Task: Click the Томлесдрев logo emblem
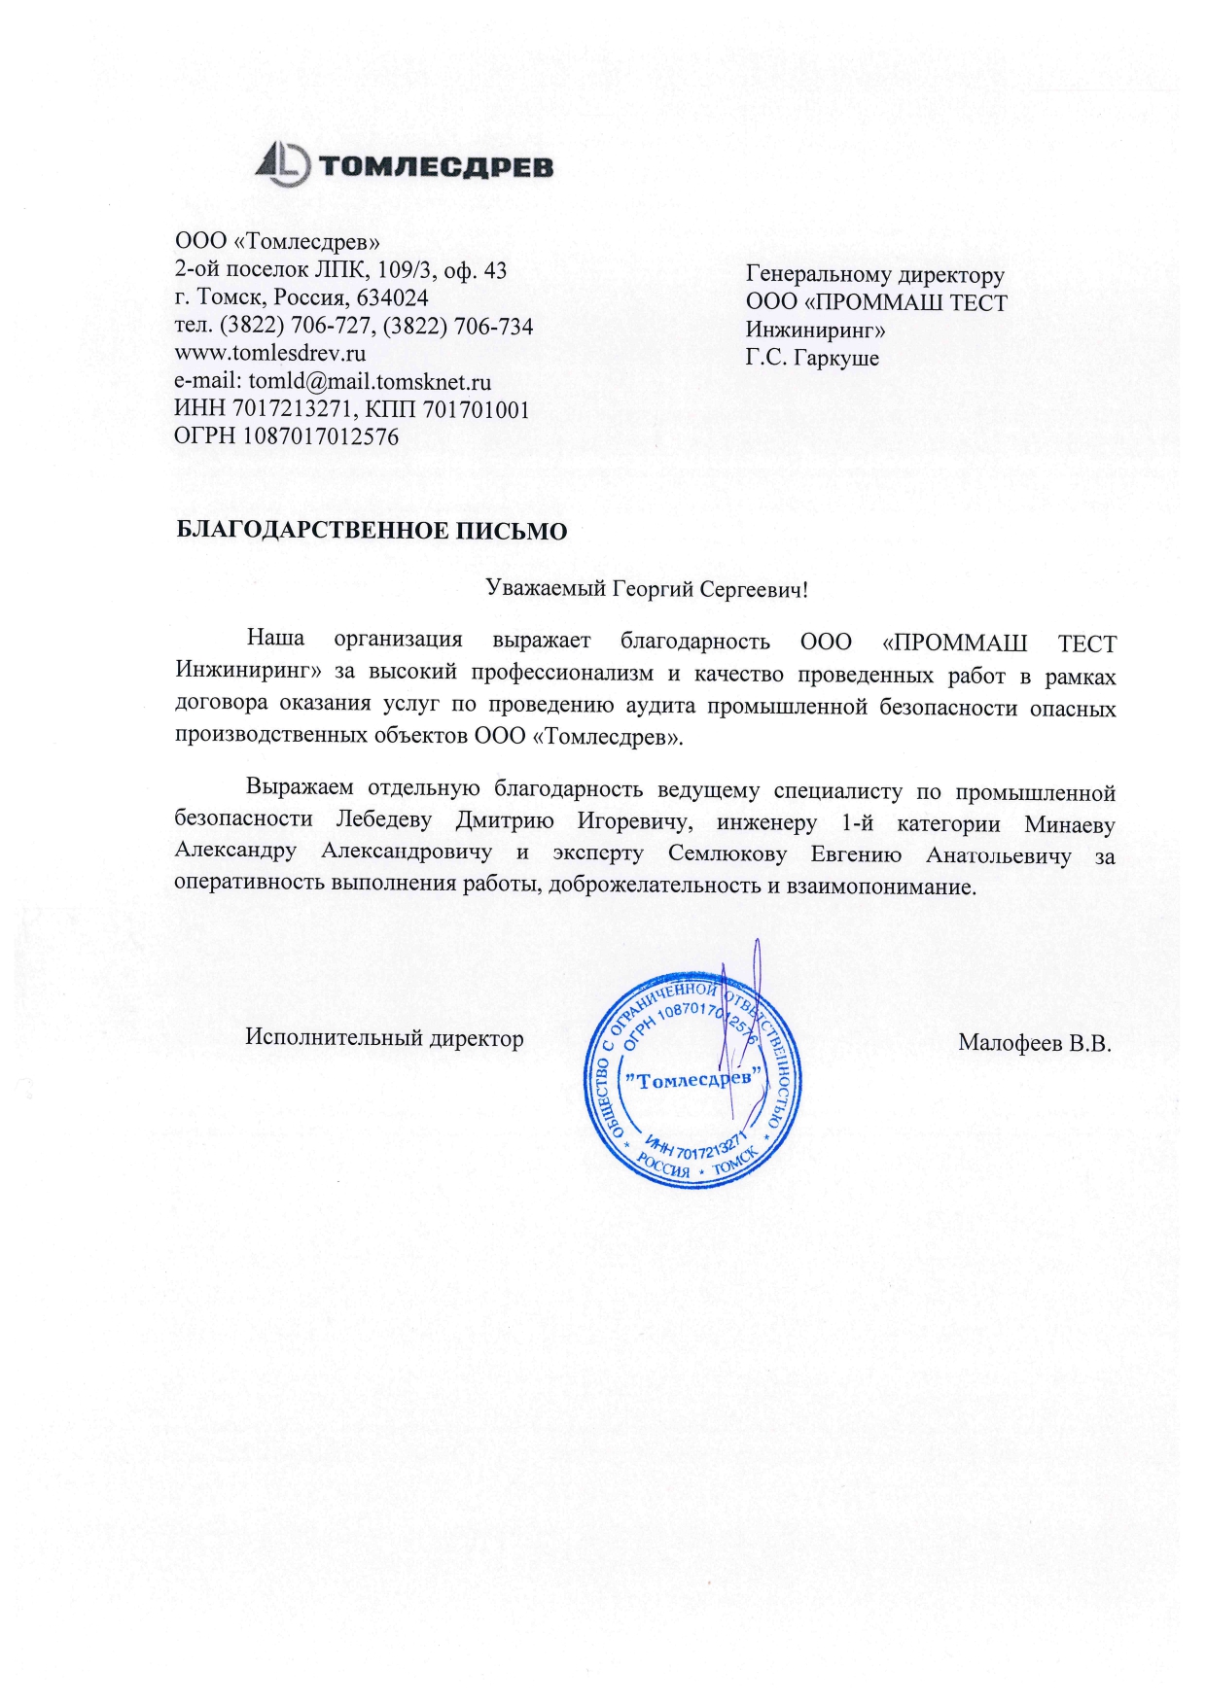coord(282,163)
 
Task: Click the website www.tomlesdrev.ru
coord(269,353)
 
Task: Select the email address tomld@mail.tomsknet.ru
coord(370,381)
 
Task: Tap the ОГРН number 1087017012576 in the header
coord(320,437)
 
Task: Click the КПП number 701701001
coord(476,409)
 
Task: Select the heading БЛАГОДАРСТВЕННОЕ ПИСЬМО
coord(371,531)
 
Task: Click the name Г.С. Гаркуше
coord(812,358)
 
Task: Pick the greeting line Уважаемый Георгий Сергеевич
coord(646,588)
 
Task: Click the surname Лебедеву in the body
coord(384,820)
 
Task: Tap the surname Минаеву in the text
coord(1069,824)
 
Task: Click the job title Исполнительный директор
coord(384,1038)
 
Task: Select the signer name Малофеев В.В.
coord(1034,1043)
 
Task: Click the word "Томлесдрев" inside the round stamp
coord(692,1080)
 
